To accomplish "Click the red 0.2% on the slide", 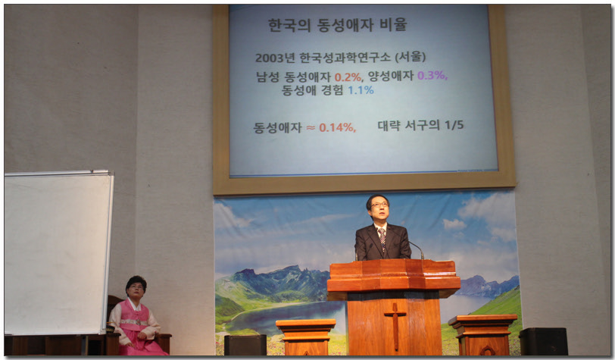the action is pyautogui.click(x=348, y=77).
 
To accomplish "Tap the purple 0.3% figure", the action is pyautogui.click(x=432, y=75).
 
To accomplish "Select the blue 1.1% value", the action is pyautogui.click(x=361, y=90).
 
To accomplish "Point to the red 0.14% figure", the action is pyautogui.click(x=337, y=127).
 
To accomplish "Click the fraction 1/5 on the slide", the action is pyautogui.click(x=454, y=125).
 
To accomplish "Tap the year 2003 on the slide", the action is pyautogui.click(x=270, y=58).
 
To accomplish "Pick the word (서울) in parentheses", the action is pyautogui.click(x=410, y=57).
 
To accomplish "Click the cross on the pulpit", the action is pyautogui.click(x=395, y=325).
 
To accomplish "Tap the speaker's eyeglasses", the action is pyautogui.click(x=379, y=205).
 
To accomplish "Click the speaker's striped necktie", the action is pyautogui.click(x=382, y=238).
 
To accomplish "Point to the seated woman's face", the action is pyautogui.click(x=136, y=290).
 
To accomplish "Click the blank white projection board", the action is pyautogui.click(x=58, y=252).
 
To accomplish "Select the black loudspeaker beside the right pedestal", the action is pyautogui.click(x=544, y=341).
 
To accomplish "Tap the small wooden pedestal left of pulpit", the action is pyautogui.click(x=306, y=337).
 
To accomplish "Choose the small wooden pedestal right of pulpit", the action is pyautogui.click(x=482, y=334).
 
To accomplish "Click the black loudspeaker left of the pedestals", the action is pyautogui.click(x=245, y=345).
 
